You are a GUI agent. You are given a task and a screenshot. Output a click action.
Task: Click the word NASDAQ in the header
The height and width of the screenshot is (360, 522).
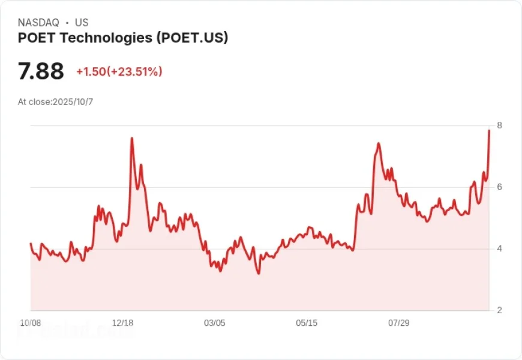(x=38, y=23)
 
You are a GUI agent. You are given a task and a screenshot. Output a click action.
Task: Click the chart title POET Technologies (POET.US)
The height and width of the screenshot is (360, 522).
(x=123, y=38)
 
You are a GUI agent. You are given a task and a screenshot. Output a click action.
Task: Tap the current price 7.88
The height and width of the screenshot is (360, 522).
(x=41, y=71)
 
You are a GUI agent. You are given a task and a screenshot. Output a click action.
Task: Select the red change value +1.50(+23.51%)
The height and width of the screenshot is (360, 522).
(x=119, y=72)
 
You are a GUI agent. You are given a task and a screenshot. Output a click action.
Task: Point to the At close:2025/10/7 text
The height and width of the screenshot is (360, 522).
(x=55, y=101)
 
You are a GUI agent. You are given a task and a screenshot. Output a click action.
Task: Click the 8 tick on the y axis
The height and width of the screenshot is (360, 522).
(x=499, y=125)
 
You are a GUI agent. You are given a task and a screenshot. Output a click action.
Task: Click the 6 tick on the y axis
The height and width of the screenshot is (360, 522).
(x=499, y=187)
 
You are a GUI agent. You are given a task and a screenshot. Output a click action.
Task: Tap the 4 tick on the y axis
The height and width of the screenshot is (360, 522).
(x=499, y=249)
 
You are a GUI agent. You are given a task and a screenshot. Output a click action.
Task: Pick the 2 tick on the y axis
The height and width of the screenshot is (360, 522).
(x=499, y=310)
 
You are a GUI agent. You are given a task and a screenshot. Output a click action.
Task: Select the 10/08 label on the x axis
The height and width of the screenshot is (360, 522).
(x=31, y=323)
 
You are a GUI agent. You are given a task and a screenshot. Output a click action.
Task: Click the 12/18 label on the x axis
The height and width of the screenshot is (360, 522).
(x=123, y=323)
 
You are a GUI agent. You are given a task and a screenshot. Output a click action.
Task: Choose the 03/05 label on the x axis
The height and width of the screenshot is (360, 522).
(x=215, y=323)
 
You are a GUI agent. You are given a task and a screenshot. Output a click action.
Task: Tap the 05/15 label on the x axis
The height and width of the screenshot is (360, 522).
(x=307, y=323)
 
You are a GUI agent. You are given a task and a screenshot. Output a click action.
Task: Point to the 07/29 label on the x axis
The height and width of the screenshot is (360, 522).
(x=398, y=323)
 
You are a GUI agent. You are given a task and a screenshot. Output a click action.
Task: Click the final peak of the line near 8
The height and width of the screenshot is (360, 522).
(x=489, y=130)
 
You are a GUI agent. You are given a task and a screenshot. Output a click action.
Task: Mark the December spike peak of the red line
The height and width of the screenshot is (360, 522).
(x=131, y=139)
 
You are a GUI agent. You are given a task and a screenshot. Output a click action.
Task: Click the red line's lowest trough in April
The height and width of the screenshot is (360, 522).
(x=259, y=274)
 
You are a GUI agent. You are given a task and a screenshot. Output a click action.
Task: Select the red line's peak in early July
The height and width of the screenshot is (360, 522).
(x=379, y=143)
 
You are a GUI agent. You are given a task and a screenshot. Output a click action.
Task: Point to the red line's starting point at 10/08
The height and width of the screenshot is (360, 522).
(x=31, y=244)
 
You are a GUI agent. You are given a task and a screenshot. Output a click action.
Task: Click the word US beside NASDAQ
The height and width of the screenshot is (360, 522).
(x=82, y=23)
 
